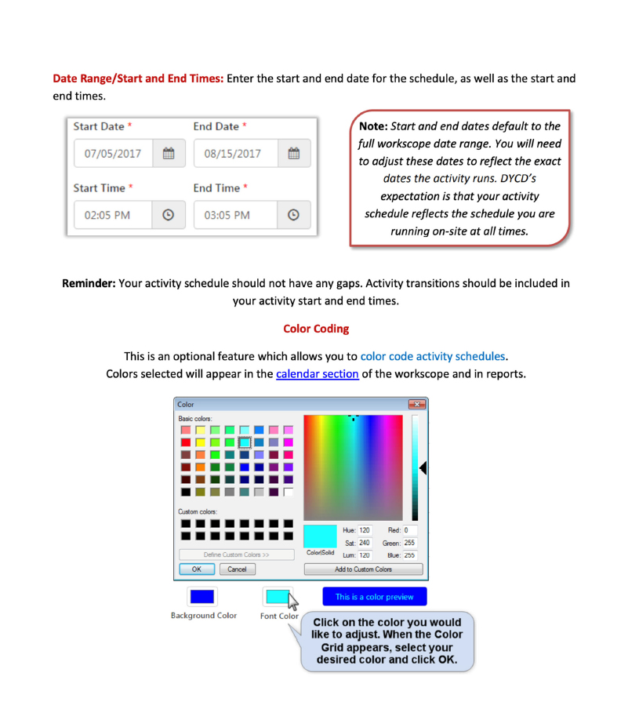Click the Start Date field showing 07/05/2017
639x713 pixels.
pyautogui.click(x=113, y=154)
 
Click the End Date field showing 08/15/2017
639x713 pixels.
pyautogui.click(x=233, y=154)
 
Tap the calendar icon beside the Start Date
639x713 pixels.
pyautogui.click(x=168, y=154)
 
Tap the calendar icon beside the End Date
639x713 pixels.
pyautogui.click(x=293, y=154)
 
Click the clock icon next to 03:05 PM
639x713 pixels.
pyautogui.click(x=293, y=215)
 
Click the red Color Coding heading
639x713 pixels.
pyautogui.click(x=316, y=329)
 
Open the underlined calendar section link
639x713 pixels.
pyautogui.click(x=318, y=373)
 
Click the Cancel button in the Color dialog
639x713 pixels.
pyautogui.click(x=237, y=569)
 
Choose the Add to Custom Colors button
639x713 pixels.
pyautogui.click(x=363, y=569)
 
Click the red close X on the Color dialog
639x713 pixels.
pyautogui.click(x=416, y=405)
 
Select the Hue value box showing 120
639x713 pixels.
pyautogui.click(x=365, y=530)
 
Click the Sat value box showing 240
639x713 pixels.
pyautogui.click(x=365, y=543)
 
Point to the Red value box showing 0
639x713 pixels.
pyautogui.click(x=409, y=530)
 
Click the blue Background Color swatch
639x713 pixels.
pyautogui.click(x=202, y=597)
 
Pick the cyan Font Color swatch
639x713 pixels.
pyautogui.click(x=277, y=597)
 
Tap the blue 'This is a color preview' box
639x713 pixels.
pyautogui.click(x=374, y=597)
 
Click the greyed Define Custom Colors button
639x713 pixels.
pyautogui.click(x=236, y=555)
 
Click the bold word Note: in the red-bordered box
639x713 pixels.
pyautogui.click(x=372, y=126)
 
